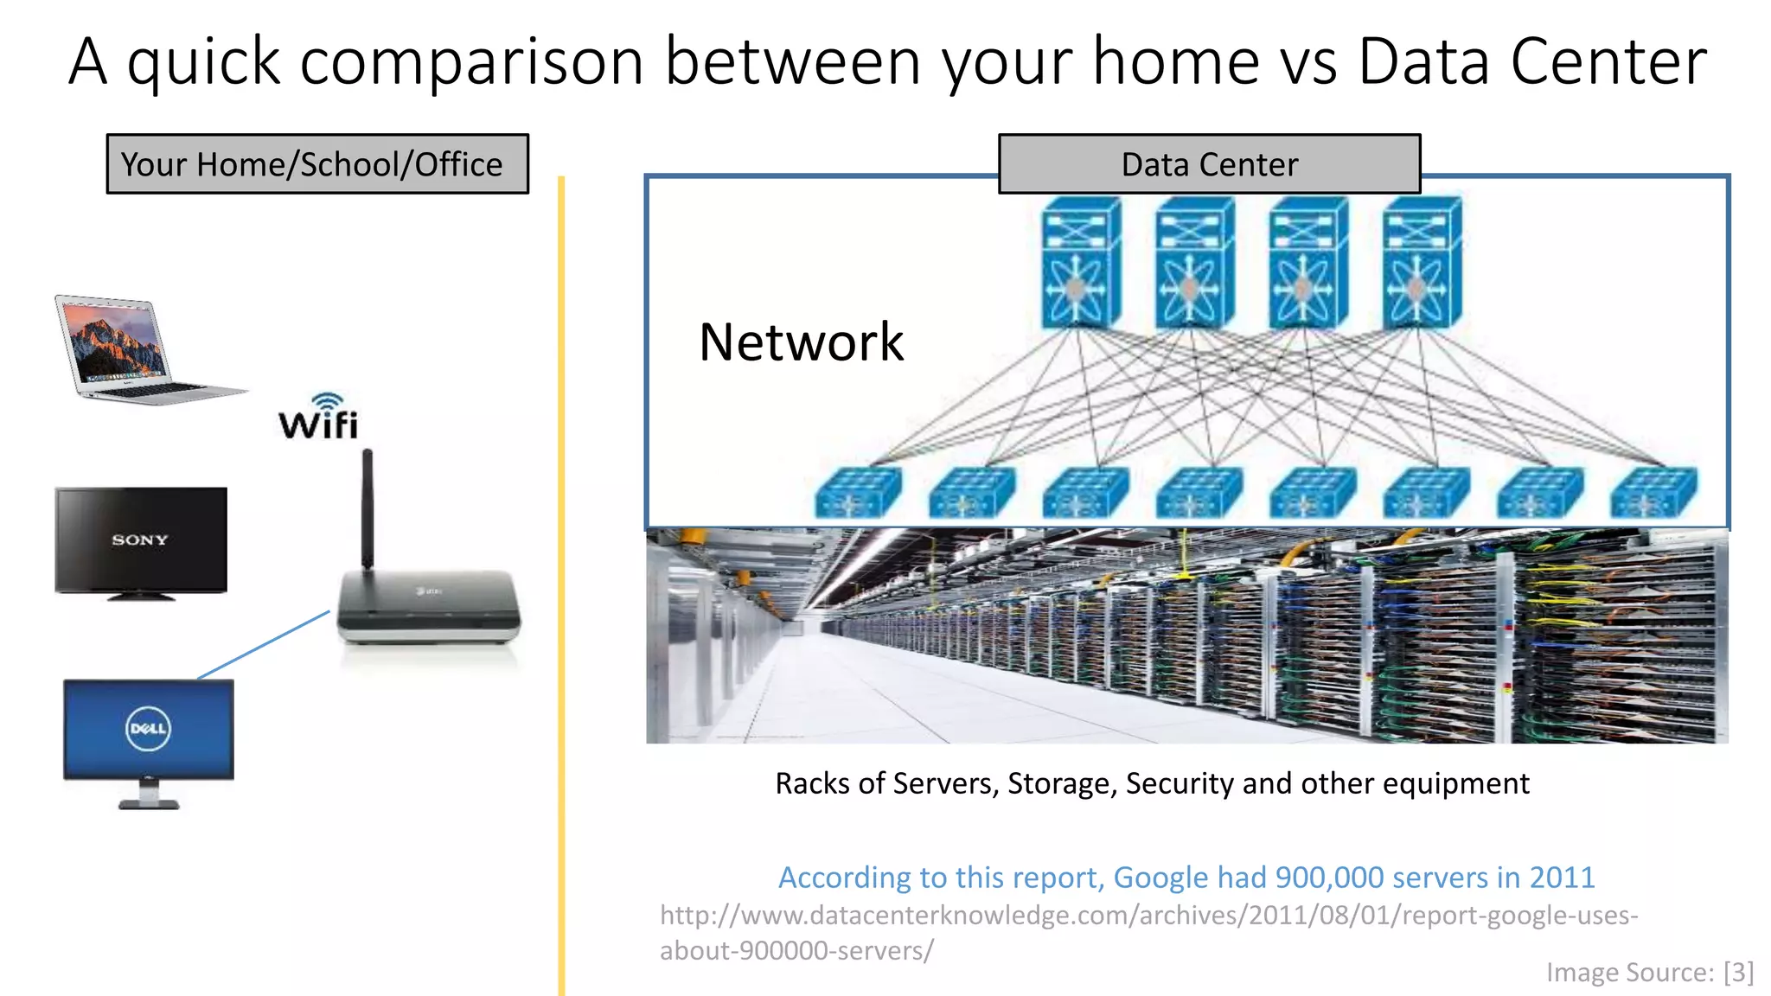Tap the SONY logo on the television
pyautogui.click(x=139, y=539)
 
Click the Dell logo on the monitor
pyautogui.click(x=148, y=729)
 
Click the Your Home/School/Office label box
pyautogui.click(x=317, y=164)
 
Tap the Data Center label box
pyautogui.click(x=1209, y=164)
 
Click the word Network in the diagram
pyautogui.click(x=801, y=342)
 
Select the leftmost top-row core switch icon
pyautogui.click(x=1081, y=263)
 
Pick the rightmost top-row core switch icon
pyautogui.click(x=1422, y=263)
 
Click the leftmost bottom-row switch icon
pyautogui.click(x=857, y=492)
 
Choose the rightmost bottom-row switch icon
pyautogui.click(x=1653, y=492)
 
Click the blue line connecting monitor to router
pyautogui.click(x=264, y=645)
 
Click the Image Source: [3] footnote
pyautogui.click(x=1649, y=973)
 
